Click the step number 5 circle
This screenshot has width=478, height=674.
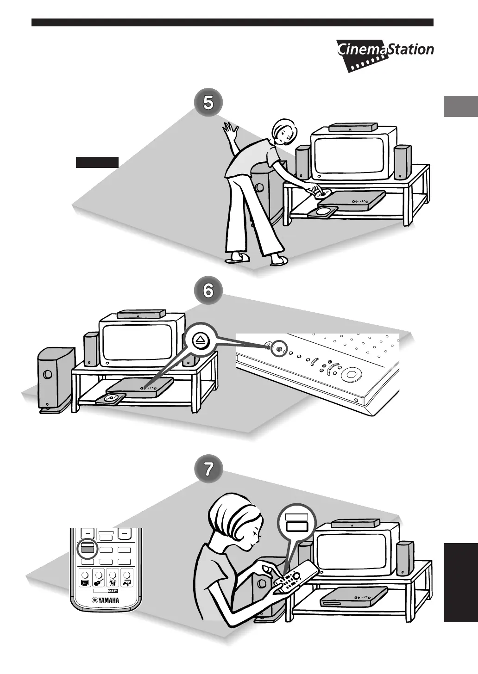209,102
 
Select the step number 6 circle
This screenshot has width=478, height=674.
209,291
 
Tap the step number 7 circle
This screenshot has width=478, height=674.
209,470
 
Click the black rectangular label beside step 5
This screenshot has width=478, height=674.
97,162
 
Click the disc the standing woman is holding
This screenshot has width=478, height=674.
323,194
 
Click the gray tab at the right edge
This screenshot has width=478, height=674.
460,106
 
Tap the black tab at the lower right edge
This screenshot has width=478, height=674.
460,583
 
